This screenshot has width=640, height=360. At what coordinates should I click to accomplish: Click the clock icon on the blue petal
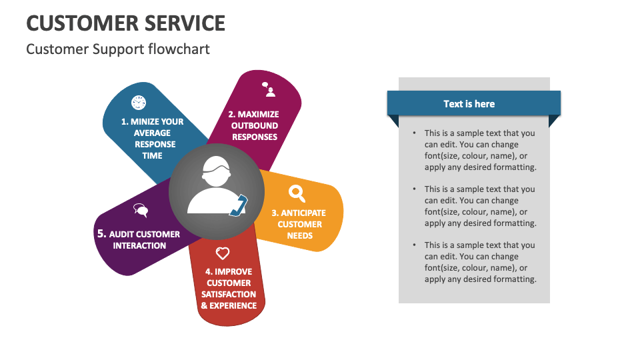[138, 102]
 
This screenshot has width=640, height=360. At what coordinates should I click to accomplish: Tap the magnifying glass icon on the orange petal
[297, 193]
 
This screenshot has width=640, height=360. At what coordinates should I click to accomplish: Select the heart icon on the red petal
[223, 253]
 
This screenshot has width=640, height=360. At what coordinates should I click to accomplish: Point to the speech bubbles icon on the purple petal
[141, 211]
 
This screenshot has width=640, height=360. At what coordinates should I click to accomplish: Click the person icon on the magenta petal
[269, 89]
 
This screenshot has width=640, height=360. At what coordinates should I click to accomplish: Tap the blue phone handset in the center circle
[238, 206]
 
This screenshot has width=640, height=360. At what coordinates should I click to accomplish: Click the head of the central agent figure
[217, 168]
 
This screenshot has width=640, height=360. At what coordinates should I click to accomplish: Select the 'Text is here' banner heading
[469, 104]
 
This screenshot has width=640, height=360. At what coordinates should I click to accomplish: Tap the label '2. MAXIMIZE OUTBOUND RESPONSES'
[255, 125]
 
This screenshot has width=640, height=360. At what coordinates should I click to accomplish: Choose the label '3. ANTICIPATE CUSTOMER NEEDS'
[299, 224]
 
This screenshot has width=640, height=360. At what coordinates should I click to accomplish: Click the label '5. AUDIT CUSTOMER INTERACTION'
[139, 239]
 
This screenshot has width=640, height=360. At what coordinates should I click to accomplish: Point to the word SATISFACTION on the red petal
[229, 294]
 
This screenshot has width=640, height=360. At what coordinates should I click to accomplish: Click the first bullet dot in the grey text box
[415, 133]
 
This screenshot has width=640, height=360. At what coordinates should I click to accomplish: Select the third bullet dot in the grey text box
[415, 245]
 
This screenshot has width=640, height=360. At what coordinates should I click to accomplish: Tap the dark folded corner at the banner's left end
[393, 121]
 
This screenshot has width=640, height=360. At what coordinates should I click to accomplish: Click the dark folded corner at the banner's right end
[554, 121]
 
